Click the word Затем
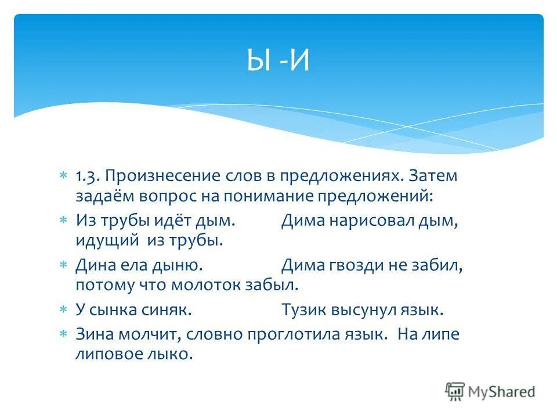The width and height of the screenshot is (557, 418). (x=433, y=176)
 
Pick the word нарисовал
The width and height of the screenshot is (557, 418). (x=367, y=221)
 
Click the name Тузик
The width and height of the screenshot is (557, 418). (x=302, y=310)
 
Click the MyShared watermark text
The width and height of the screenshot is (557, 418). (x=501, y=392)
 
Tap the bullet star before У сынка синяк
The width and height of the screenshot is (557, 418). (x=64, y=310)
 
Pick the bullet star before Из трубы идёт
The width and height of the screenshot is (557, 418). (x=64, y=221)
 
